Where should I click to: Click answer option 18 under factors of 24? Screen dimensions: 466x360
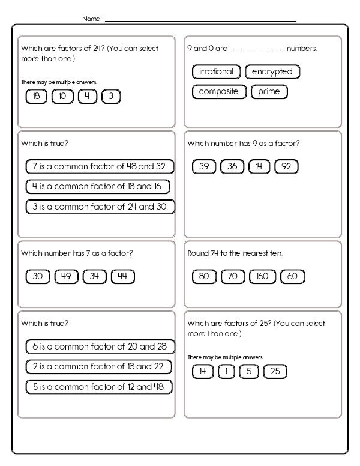[37, 96]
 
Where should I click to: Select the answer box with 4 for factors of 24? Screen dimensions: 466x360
[87, 96]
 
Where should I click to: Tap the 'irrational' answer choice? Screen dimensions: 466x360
[216, 72]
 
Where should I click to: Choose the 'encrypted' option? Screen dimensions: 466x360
[272, 72]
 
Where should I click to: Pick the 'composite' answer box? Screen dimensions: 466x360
[219, 92]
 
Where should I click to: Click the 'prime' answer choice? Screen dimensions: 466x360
[269, 92]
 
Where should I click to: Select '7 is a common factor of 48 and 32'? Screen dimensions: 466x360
[100, 166]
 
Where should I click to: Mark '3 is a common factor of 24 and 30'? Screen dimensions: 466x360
[100, 207]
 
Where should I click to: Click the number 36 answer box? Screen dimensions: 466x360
[233, 167]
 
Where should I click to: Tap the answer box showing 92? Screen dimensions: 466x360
[286, 167]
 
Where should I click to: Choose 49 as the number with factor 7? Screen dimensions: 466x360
[67, 277]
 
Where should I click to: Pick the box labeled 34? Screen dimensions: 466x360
[94, 277]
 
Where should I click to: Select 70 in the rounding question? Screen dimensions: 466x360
[233, 277]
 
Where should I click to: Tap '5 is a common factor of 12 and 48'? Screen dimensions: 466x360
[99, 387]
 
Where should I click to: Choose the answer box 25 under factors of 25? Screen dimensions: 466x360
[275, 372]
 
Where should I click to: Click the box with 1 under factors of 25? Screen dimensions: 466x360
[226, 372]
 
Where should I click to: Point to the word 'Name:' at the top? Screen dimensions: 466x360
[92, 19]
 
